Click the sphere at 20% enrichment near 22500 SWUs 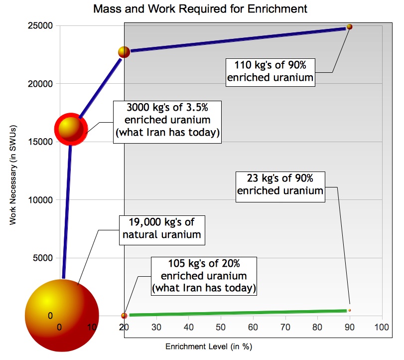point(124,52)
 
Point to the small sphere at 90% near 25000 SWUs point(349,26)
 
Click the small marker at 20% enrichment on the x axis point(124,315)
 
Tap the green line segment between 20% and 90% point(234,313)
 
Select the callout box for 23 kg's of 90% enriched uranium point(280,184)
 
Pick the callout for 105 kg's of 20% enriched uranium point(205,276)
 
